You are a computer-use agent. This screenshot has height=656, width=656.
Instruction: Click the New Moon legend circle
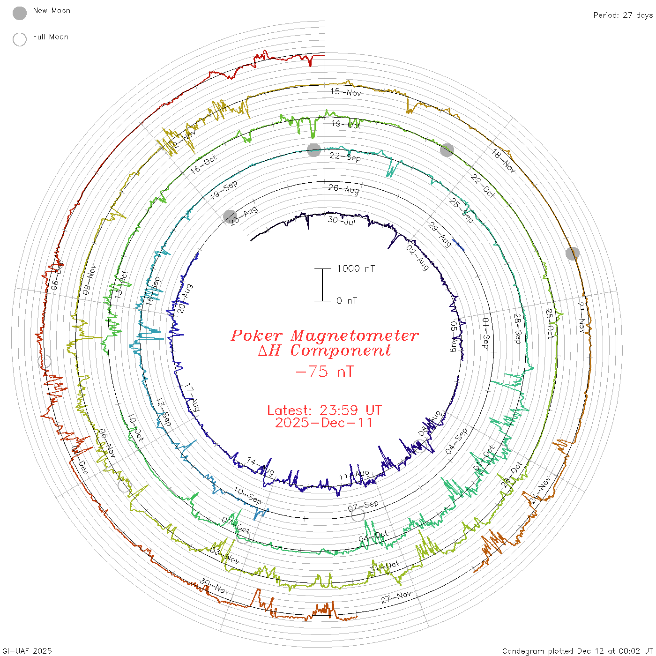point(20,13)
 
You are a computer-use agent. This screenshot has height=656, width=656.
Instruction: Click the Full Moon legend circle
point(20,39)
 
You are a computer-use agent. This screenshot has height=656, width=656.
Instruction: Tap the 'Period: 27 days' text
point(623,15)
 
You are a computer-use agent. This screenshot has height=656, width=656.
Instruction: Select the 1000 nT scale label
point(356,268)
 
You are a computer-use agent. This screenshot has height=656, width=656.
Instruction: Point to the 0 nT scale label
point(347,301)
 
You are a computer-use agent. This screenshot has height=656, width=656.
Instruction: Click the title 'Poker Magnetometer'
point(324,335)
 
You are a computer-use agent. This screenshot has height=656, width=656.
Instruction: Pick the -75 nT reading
point(325,372)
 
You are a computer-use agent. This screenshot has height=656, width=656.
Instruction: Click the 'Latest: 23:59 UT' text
point(324,410)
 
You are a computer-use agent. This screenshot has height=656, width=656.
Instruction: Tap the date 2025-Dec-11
point(324,423)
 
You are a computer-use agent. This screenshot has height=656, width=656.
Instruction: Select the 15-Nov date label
point(346,92)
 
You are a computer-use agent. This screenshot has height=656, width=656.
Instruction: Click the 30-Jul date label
point(342,220)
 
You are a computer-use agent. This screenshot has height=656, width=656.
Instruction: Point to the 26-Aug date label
point(343,189)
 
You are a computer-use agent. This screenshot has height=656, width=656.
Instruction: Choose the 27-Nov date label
point(396,596)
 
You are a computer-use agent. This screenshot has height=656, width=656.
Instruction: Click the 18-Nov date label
point(504,161)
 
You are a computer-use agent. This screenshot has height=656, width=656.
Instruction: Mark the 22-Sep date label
point(345,157)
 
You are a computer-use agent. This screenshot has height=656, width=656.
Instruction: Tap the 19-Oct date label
point(346,124)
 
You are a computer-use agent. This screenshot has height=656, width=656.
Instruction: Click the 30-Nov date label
point(215,586)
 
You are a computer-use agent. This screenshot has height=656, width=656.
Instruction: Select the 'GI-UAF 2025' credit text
point(27,651)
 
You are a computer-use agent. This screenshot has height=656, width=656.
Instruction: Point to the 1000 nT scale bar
point(322,285)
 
